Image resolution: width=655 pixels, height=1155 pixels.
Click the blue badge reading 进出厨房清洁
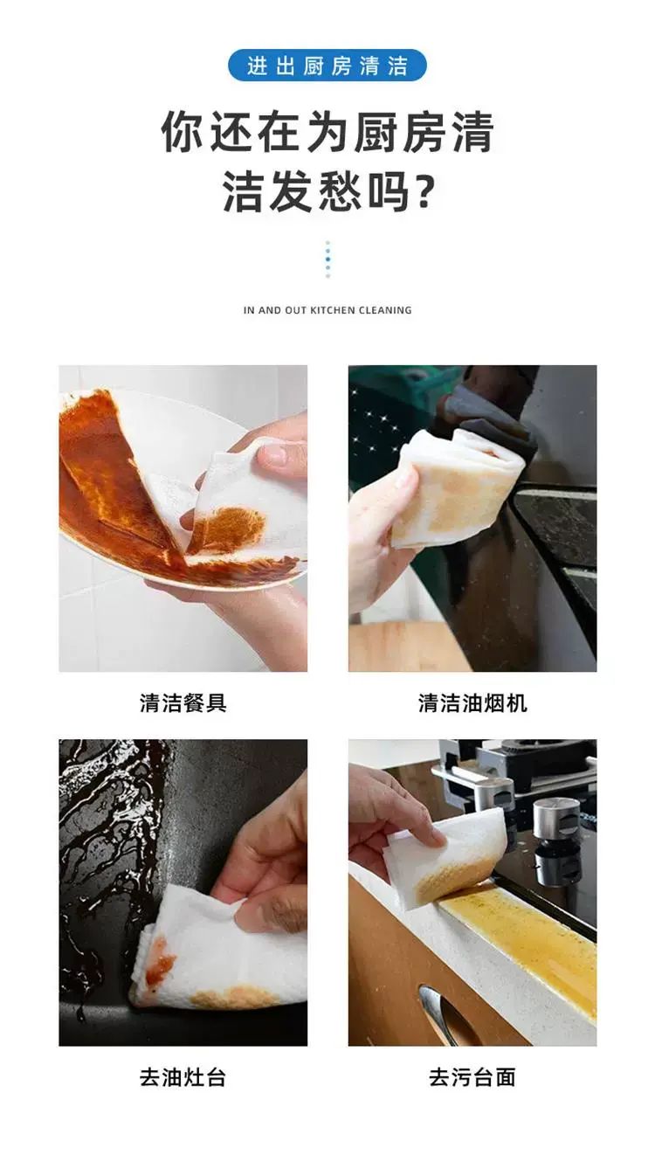click(x=327, y=66)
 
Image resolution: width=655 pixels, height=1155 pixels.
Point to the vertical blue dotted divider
click(x=327, y=259)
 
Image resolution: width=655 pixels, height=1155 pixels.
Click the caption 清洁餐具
click(x=183, y=702)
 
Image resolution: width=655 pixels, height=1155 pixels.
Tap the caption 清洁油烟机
click(x=472, y=702)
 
